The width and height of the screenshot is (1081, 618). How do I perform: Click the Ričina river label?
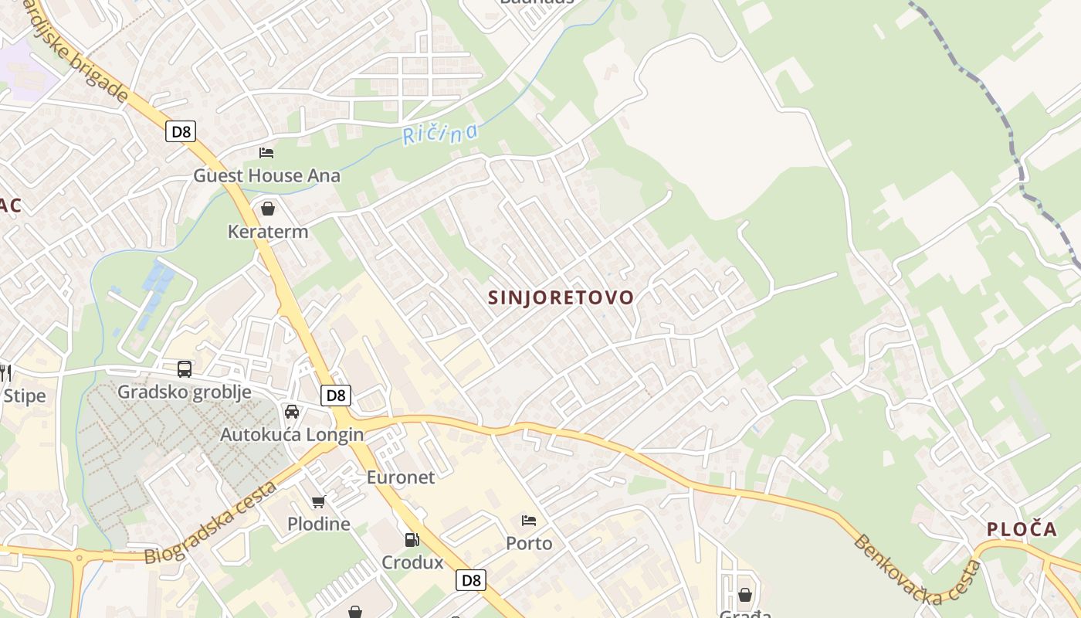click(x=439, y=134)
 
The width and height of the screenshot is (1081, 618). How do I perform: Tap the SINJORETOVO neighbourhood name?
click(x=561, y=297)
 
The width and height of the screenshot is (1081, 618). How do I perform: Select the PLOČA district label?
click(x=1022, y=529)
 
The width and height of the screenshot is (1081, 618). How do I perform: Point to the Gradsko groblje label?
click(x=184, y=392)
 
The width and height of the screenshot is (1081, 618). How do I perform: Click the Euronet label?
click(x=400, y=477)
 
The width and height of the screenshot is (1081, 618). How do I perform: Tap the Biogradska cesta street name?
click(x=210, y=523)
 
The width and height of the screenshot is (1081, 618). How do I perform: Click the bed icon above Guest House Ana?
click(x=266, y=152)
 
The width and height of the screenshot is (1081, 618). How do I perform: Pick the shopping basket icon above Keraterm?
click(x=267, y=209)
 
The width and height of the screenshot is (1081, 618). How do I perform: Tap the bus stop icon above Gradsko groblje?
click(x=184, y=369)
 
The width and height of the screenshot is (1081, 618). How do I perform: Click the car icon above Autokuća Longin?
click(x=291, y=412)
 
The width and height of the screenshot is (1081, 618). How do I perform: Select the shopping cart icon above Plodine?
click(x=318, y=502)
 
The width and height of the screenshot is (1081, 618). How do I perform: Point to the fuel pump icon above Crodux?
click(x=412, y=540)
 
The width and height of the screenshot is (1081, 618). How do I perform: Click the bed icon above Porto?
click(x=529, y=521)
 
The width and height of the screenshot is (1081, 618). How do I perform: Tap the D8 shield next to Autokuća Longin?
click(x=336, y=396)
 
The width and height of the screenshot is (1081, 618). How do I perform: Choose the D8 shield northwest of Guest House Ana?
click(x=180, y=131)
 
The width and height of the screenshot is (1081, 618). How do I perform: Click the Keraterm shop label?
click(x=267, y=231)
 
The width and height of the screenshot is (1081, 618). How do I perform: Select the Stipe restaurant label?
click(x=24, y=396)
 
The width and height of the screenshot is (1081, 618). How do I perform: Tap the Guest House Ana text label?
click(x=266, y=175)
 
